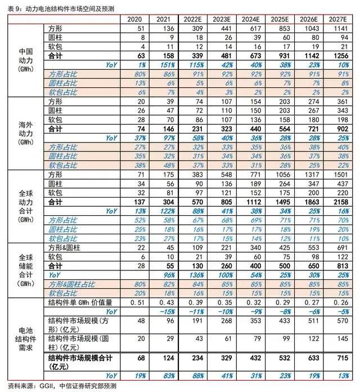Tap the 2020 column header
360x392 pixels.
[135, 20]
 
